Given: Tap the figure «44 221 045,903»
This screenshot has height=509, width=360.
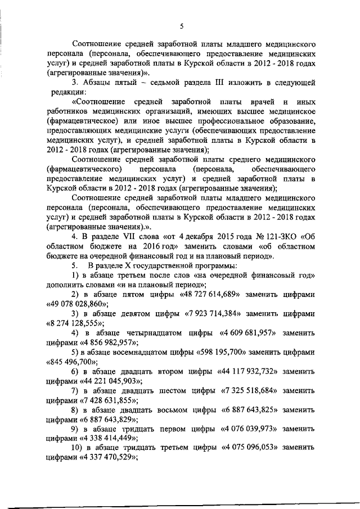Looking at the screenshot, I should (x=110, y=382).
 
